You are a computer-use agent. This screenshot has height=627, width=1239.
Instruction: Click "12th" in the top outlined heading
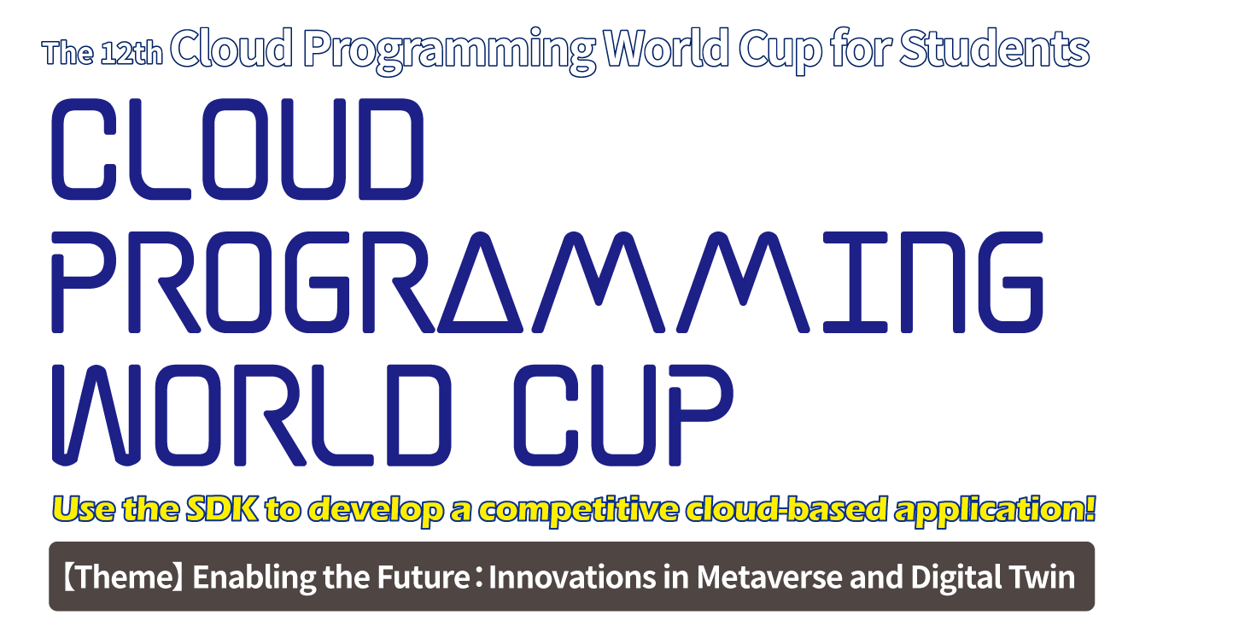pyautogui.click(x=131, y=54)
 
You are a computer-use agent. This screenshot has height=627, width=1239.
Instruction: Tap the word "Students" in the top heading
pyautogui.click(x=995, y=50)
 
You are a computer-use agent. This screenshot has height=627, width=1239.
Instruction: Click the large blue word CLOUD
pyautogui.click(x=237, y=149)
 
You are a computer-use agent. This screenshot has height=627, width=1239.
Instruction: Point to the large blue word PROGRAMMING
pyautogui.click(x=547, y=282)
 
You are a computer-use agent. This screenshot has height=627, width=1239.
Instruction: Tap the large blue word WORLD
pyautogui.click(x=252, y=415)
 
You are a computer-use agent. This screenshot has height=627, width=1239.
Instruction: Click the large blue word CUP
pyautogui.click(x=624, y=415)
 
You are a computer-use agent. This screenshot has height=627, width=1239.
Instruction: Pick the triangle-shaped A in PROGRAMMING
pyautogui.click(x=480, y=282)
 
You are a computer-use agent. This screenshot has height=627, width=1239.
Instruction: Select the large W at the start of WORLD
pyautogui.click(x=96, y=415)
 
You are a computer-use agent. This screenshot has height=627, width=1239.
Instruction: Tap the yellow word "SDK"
pyautogui.click(x=222, y=509)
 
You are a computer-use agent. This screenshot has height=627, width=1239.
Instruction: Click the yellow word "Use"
pyautogui.click(x=84, y=509)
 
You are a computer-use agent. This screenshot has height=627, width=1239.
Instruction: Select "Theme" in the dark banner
pyautogui.click(x=126, y=577)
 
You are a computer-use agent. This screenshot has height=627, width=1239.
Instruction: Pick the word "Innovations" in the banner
pyautogui.click(x=572, y=577)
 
